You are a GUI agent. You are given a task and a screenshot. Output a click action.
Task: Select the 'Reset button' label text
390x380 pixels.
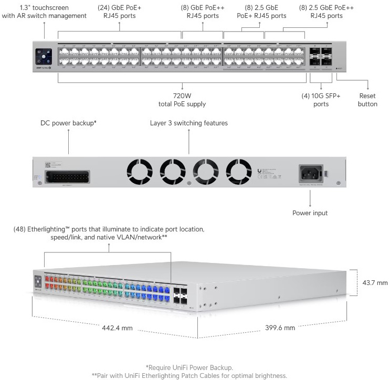point(367,100)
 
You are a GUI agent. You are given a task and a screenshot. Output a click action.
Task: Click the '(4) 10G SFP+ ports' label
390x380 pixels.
point(321,100)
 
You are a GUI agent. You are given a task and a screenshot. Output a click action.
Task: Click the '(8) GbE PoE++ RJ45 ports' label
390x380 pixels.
point(203,12)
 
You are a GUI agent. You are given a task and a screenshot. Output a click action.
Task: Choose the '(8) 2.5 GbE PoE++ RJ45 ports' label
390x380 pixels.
point(326,12)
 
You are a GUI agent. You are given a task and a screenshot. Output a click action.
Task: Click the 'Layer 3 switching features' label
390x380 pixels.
point(189,123)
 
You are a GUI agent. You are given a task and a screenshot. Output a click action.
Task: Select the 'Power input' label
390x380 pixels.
point(310,213)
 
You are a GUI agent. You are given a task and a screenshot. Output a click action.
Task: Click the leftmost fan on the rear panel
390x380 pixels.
point(140,172)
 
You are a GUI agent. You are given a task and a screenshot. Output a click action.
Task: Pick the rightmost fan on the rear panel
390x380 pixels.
point(239,172)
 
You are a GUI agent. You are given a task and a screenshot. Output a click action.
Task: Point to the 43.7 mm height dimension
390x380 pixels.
point(375,283)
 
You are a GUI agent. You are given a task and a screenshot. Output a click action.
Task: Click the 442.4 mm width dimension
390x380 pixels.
point(117,328)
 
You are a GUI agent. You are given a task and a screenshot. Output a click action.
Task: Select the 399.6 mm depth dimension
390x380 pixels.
point(280,328)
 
